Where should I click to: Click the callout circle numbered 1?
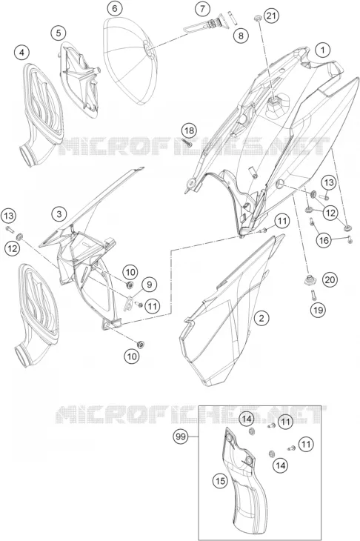[322, 50]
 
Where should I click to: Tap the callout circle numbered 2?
[261, 318]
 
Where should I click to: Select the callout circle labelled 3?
[59, 214]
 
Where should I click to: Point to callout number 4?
[21, 53]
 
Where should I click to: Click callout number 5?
[59, 33]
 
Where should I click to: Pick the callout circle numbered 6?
[115, 8]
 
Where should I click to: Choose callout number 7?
[202, 9]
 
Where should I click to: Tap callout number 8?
[241, 35]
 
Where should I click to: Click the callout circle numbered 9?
[149, 285]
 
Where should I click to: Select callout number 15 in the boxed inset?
[220, 481]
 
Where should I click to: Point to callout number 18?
[189, 130]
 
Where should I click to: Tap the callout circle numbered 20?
[330, 279]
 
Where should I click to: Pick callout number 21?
[272, 16]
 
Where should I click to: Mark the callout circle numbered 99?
[181, 437]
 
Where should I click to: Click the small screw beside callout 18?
[189, 143]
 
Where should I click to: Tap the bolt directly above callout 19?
[313, 295]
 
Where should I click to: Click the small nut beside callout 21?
[256, 18]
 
